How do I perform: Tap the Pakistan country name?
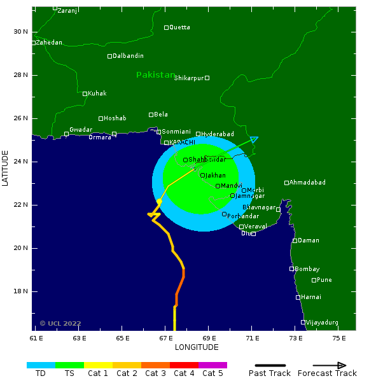[x=155, y=75]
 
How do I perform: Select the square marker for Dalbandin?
[x=109, y=56]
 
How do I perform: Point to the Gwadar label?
[x=81, y=130]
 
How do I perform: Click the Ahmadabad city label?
[x=307, y=183]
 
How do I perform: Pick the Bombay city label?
[x=307, y=269]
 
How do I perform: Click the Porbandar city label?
[x=242, y=216]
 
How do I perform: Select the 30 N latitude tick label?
[x=22, y=32]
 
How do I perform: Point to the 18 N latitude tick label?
[x=22, y=291]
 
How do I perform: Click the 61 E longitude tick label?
[x=38, y=338]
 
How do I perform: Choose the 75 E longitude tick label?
[x=339, y=338]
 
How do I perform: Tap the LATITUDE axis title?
[x=6, y=169]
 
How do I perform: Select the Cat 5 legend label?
[x=212, y=373]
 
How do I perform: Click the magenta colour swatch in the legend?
[x=212, y=365]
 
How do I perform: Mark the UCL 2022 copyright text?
[x=60, y=323]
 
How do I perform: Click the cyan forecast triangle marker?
[x=254, y=139]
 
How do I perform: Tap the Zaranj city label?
[x=68, y=11]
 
